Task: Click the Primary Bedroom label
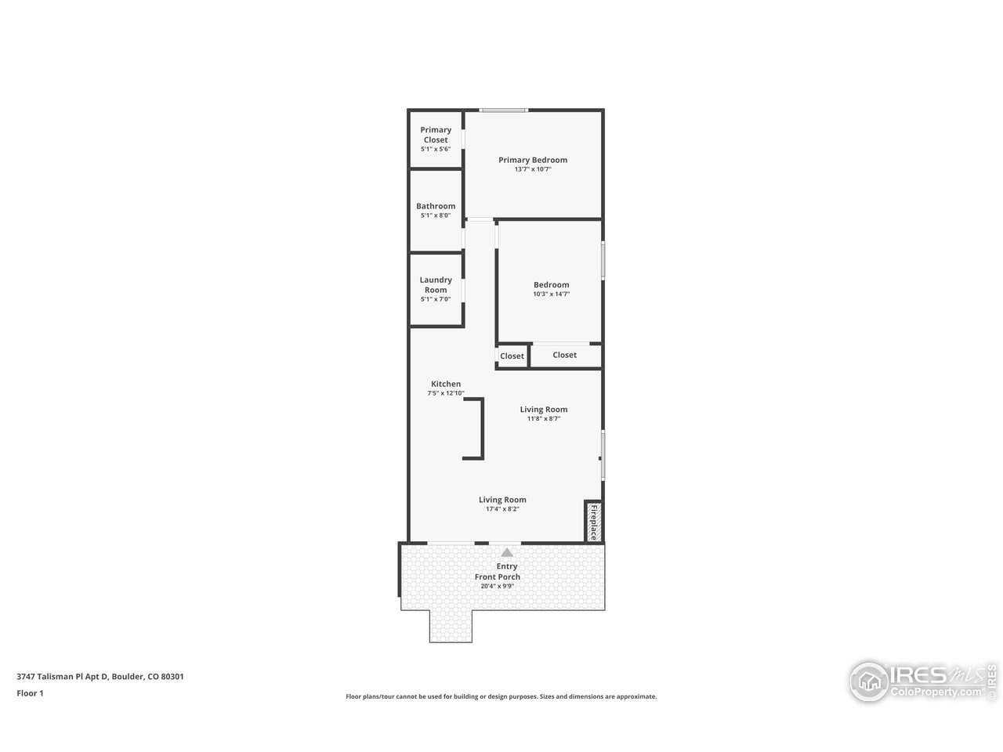click(533, 160)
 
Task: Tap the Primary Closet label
click(436, 135)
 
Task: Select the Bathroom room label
click(436, 206)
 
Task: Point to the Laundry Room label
click(436, 284)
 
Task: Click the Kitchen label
click(446, 384)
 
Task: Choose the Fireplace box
click(593, 522)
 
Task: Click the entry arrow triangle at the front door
click(507, 553)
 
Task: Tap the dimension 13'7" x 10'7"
click(533, 169)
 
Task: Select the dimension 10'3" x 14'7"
click(551, 295)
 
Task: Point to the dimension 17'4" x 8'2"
click(502, 509)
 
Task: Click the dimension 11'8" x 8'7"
click(544, 419)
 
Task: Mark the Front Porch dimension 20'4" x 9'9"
click(498, 586)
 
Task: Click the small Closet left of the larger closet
click(512, 356)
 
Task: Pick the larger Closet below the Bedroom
click(564, 355)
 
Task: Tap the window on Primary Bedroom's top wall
click(503, 110)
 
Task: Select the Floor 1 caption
click(30, 692)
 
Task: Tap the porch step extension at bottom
click(451, 626)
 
